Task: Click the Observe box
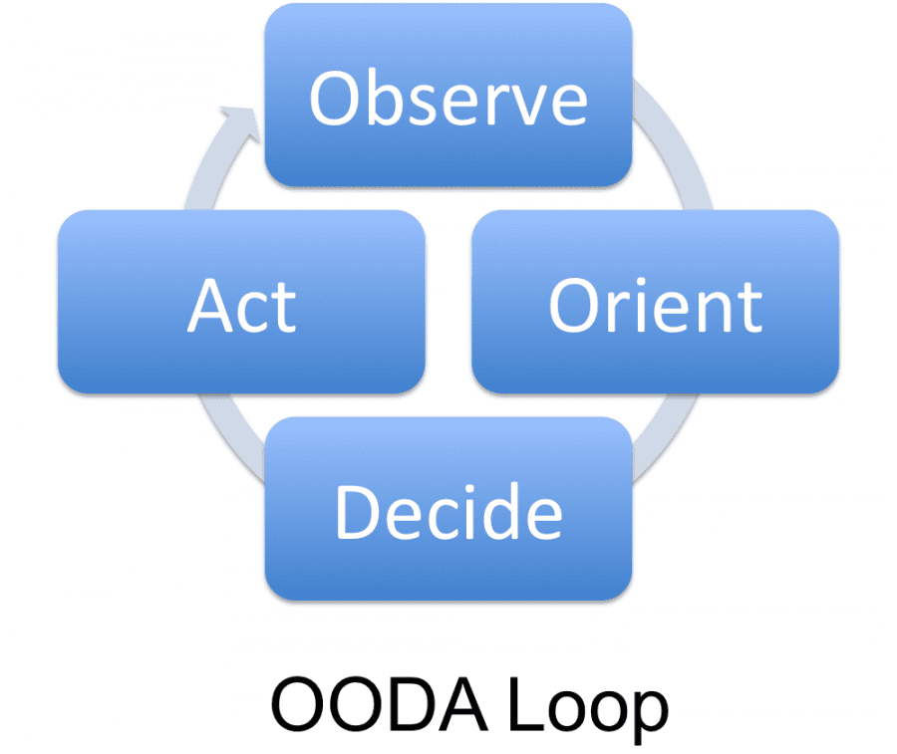448,95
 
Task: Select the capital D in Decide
357,512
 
